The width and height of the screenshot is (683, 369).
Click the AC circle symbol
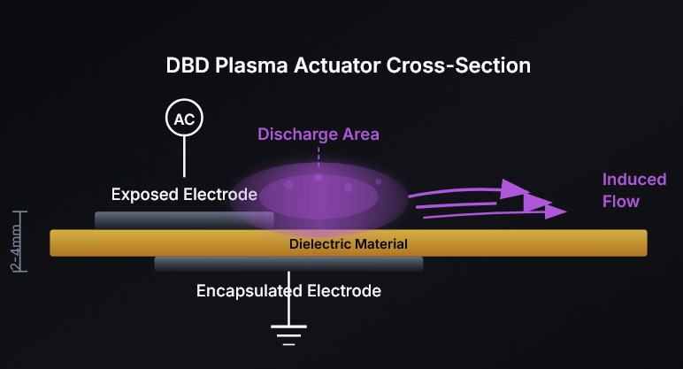[x=185, y=119]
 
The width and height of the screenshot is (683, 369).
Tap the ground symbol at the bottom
[x=288, y=334]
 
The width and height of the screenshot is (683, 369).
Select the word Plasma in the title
[x=243, y=66]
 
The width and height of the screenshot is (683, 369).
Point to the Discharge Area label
[x=318, y=135]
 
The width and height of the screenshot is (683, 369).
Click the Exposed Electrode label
[x=185, y=193]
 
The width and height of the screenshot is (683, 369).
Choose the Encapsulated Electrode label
[x=288, y=290]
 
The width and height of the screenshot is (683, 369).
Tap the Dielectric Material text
[x=349, y=243]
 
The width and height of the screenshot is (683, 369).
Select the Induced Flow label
[x=634, y=190]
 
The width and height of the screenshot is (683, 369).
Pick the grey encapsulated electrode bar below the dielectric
[x=288, y=264]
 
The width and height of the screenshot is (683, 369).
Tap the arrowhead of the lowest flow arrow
[x=556, y=211]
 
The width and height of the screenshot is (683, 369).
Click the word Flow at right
[x=620, y=202]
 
